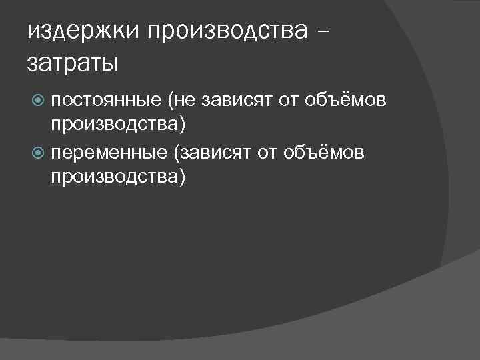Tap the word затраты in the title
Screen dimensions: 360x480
[x=73, y=63]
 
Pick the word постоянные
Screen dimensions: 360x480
[x=107, y=101]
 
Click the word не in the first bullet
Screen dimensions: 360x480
[x=186, y=101]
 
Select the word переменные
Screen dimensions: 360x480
[x=109, y=153]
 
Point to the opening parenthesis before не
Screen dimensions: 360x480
[x=171, y=101]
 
